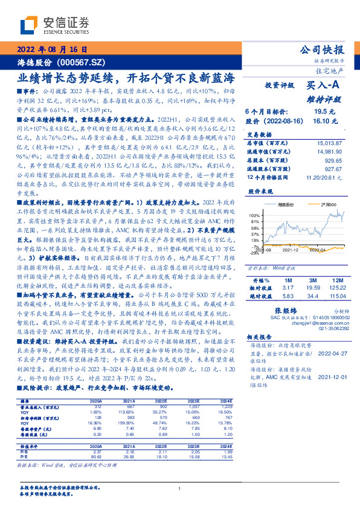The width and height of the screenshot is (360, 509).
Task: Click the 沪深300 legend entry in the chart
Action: [318, 206]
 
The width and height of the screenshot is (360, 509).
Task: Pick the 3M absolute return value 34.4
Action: [313, 296]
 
